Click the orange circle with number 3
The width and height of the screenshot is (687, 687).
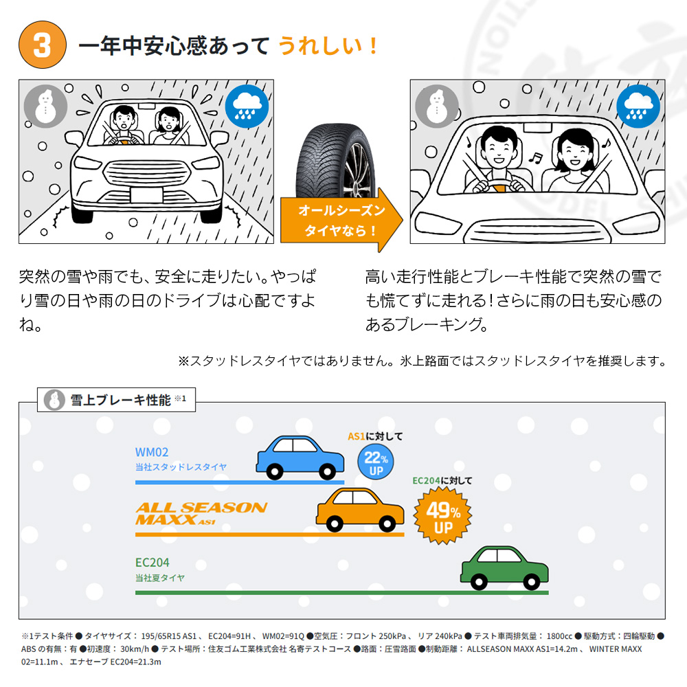[x=43, y=45]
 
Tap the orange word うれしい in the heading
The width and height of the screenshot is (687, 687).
[x=320, y=45]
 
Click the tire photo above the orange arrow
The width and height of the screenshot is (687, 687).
[x=336, y=160]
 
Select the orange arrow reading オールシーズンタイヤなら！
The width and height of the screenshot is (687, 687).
[x=341, y=220]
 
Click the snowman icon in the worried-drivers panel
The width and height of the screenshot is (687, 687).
[x=45, y=106]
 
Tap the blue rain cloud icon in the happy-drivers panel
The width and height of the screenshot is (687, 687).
[x=638, y=106]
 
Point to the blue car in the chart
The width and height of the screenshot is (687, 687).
[x=300, y=458]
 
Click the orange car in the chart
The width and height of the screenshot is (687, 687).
[x=360, y=510]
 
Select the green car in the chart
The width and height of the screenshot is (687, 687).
[x=504, y=567]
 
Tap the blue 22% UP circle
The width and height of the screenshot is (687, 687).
[x=376, y=462]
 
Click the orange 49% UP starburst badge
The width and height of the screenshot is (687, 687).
[x=442, y=516]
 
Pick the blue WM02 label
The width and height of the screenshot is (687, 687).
[x=152, y=452]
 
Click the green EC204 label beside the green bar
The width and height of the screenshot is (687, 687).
[x=152, y=562]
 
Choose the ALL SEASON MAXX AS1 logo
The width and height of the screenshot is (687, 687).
[x=201, y=513]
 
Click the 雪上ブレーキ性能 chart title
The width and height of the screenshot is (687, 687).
[x=120, y=400]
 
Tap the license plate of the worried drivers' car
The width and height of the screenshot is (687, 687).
[x=146, y=195]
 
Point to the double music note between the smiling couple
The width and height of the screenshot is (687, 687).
[x=535, y=158]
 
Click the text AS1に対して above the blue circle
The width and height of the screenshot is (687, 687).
[x=375, y=436]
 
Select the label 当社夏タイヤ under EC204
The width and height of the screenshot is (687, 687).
[x=160, y=578]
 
